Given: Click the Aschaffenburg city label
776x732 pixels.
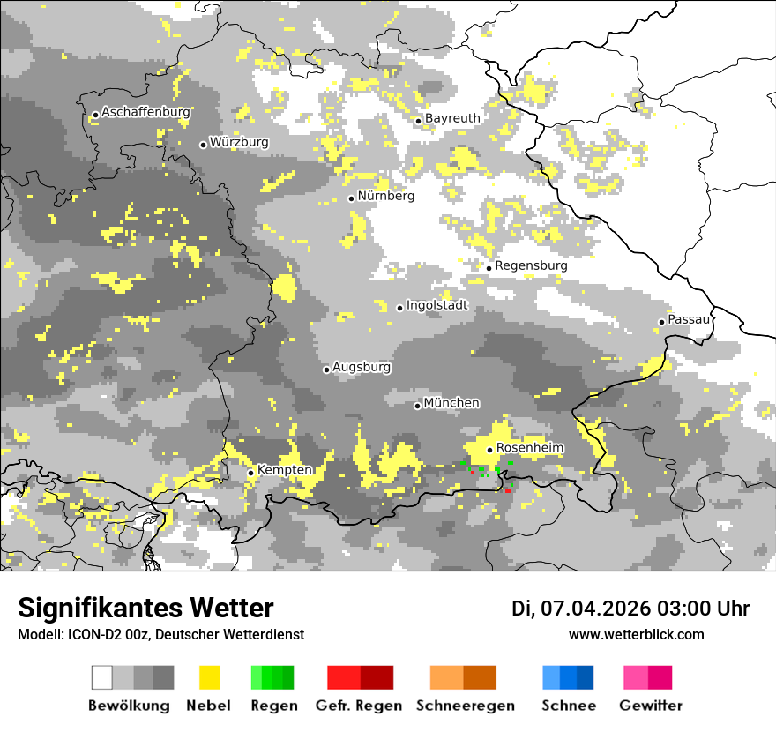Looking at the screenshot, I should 145,112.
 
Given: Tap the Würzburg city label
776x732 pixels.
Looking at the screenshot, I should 239,142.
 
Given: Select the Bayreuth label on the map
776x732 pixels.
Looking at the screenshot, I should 452,118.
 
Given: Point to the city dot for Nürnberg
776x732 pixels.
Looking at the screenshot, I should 351,198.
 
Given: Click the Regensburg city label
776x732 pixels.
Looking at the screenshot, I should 531,265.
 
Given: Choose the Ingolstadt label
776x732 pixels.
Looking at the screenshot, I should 436,305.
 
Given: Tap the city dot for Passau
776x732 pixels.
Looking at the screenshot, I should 661,322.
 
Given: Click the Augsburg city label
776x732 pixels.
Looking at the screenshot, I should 362,367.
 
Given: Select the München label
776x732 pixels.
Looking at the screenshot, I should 451,403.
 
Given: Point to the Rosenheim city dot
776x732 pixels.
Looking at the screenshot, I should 489,450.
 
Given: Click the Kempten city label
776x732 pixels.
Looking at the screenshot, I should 285,470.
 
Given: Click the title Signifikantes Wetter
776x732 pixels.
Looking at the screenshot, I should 145,608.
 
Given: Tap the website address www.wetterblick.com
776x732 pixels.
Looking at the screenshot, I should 636,635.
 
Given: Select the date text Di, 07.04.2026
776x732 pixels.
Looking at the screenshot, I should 580,609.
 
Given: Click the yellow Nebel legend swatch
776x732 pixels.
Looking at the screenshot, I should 209,677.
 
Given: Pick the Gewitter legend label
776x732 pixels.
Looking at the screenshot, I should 650,706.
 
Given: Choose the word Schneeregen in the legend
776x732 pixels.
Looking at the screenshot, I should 465,706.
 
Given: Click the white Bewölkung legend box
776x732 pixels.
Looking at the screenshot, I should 102,677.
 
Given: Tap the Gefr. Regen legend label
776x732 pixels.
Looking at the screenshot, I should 359,706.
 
